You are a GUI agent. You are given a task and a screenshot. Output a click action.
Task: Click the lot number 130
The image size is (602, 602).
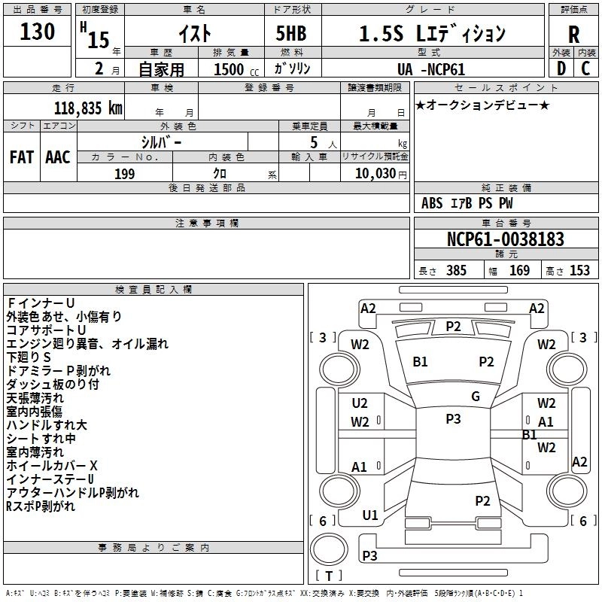click(x=38, y=32)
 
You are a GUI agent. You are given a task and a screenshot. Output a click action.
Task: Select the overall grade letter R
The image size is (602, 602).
click(x=573, y=35)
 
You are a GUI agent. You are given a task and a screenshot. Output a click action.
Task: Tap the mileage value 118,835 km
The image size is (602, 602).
click(x=89, y=108)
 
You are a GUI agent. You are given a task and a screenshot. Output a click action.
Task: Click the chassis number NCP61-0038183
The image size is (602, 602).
click(x=505, y=239)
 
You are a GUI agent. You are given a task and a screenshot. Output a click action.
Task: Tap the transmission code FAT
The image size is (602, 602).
click(x=22, y=157)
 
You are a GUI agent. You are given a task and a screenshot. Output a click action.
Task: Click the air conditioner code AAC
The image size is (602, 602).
click(x=58, y=157)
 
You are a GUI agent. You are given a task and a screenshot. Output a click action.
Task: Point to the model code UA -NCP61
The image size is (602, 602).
click(x=431, y=69)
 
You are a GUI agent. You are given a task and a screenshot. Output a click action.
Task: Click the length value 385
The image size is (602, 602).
click(x=455, y=271)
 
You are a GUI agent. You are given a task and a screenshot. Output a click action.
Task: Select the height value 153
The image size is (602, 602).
click(x=579, y=271)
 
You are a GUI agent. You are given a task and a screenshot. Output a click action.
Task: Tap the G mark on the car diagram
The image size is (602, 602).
click(x=475, y=397)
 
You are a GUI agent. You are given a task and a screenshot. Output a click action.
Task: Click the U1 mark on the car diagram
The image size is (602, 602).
click(x=370, y=515)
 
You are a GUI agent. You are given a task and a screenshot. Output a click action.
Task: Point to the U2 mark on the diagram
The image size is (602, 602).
click(x=360, y=403)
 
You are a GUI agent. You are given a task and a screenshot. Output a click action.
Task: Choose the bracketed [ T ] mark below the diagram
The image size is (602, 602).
click(x=329, y=576)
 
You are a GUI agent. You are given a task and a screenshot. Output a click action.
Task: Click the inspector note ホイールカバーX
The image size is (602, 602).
click(x=52, y=466)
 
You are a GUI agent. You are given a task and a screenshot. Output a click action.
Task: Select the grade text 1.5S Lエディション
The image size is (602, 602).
click(x=431, y=34)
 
